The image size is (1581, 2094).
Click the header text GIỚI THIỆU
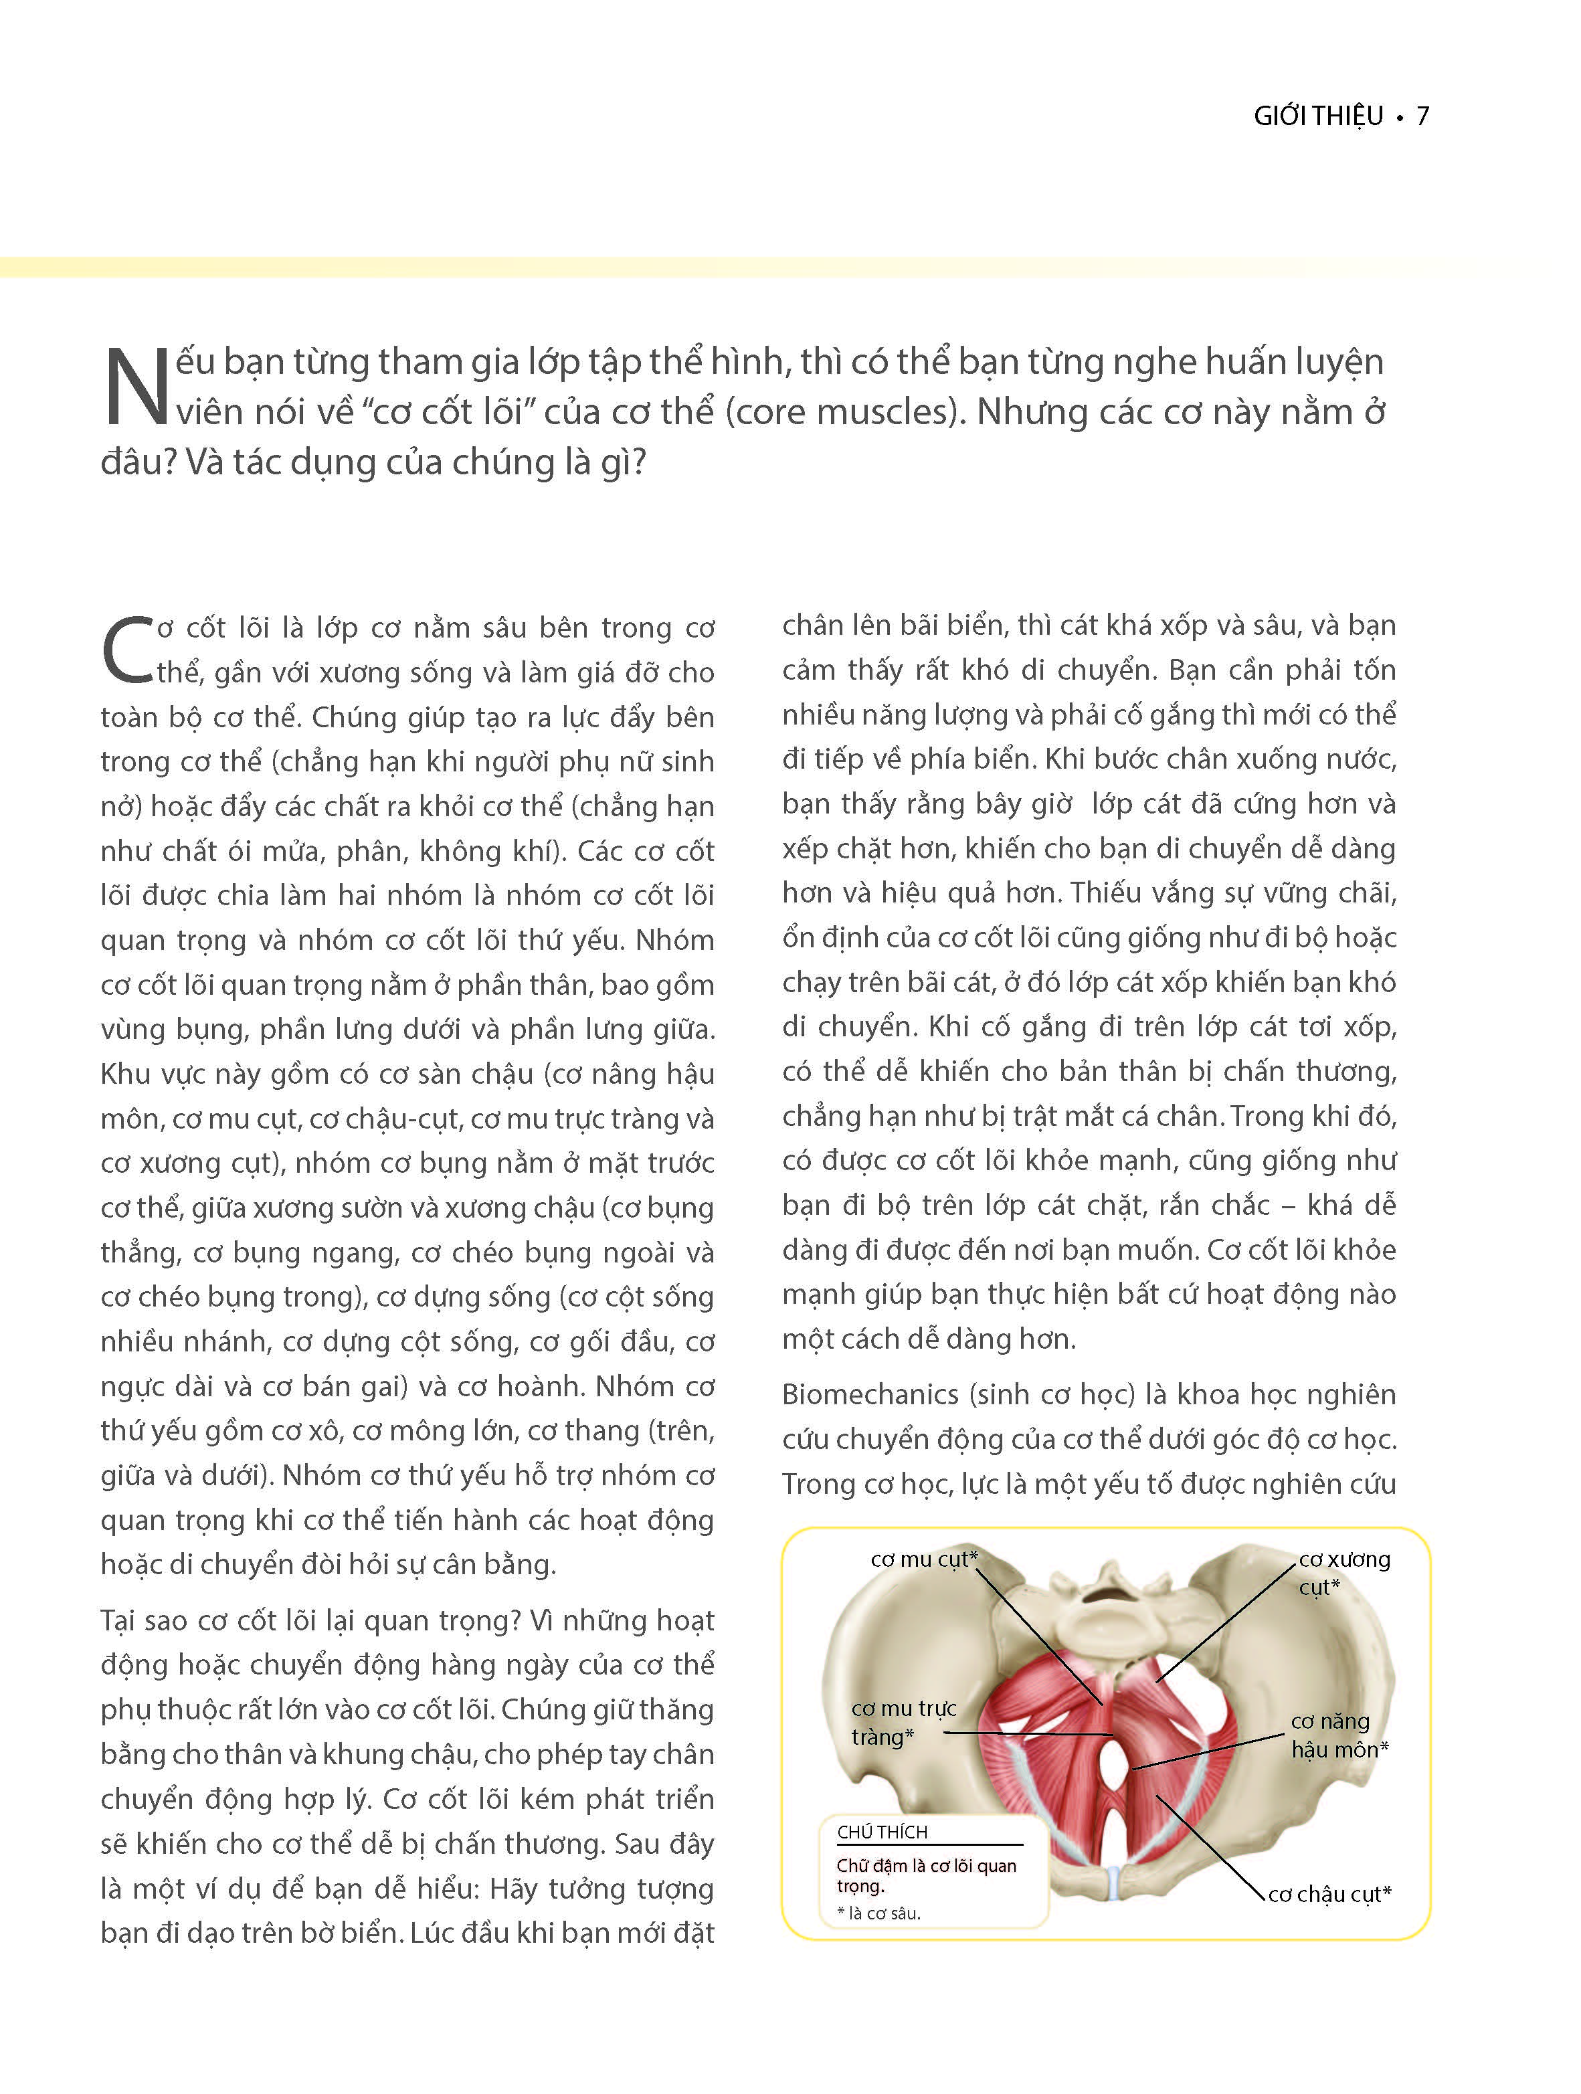1319,116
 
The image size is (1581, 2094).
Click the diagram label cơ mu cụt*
923,1559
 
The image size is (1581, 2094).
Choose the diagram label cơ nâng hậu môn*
1337,1735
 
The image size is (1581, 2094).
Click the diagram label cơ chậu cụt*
1329,1893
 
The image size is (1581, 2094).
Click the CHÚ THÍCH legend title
881,1832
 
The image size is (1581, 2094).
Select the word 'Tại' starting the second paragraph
122,1620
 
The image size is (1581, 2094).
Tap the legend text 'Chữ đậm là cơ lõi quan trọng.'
925,1875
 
